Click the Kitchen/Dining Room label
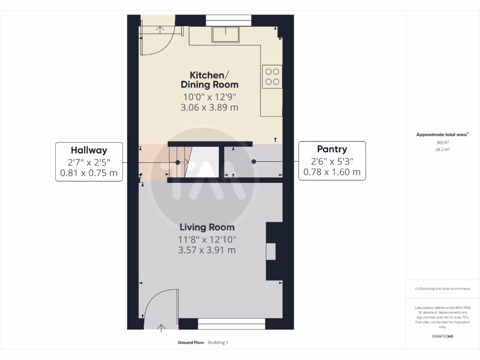tap(210, 80)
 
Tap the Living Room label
tap(207, 227)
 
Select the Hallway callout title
tap(89, 150)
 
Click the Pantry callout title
tap(332, 150)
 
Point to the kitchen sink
tap(226, 34)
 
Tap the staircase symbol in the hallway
tap(178, 162)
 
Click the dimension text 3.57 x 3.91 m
tap(207, 250)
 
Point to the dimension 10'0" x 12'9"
tap(210, 97)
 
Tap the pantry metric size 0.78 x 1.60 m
tap(332, 172)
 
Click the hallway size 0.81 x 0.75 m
tap(89, 173)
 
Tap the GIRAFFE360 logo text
tap(443, 336)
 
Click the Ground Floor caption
tap(191, 343)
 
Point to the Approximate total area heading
tap(442, 135)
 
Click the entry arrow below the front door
tap(162, 328)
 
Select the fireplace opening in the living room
tap(271, 252)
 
